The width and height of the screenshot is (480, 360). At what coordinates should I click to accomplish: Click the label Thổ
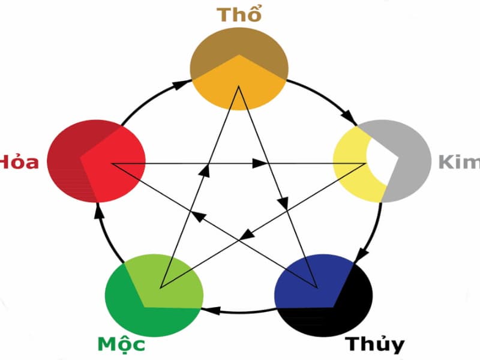pyautogui.click(x=239, y=15)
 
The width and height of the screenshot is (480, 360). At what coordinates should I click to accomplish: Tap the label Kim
pyautogui.click(x=459, y=162)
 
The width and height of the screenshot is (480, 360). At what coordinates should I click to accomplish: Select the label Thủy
pyautogui.click(x=374, y=344)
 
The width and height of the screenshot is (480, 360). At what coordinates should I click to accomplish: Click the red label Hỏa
pyautogui.click(x=18, y=162)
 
